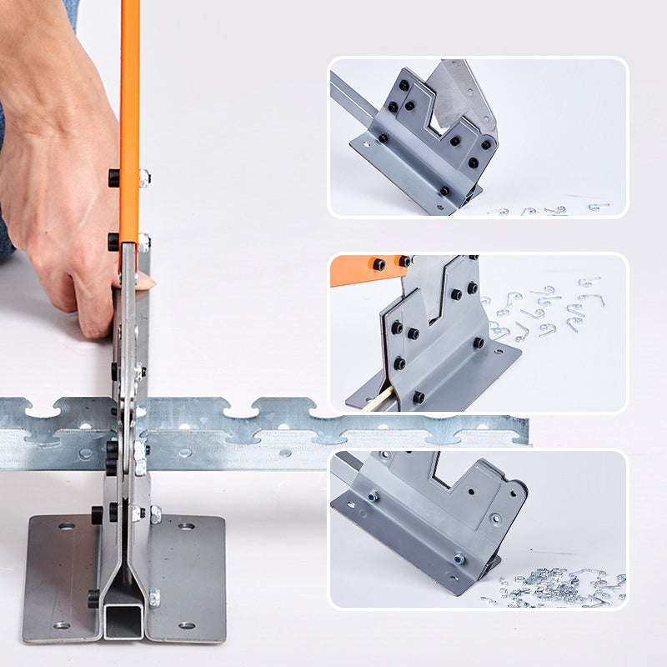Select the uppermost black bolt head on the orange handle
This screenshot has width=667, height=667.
pos(113,178)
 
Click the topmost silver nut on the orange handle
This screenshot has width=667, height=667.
pos(145,177)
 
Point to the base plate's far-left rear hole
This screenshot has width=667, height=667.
pos(66,527)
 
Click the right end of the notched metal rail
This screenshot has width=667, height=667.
pos(524,429)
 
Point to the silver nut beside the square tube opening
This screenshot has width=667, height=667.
pos(154,597)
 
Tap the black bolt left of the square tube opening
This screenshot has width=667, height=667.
pos(93,597)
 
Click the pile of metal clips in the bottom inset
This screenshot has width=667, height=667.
pos(559,588)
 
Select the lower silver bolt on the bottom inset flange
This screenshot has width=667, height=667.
pos(459,559)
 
